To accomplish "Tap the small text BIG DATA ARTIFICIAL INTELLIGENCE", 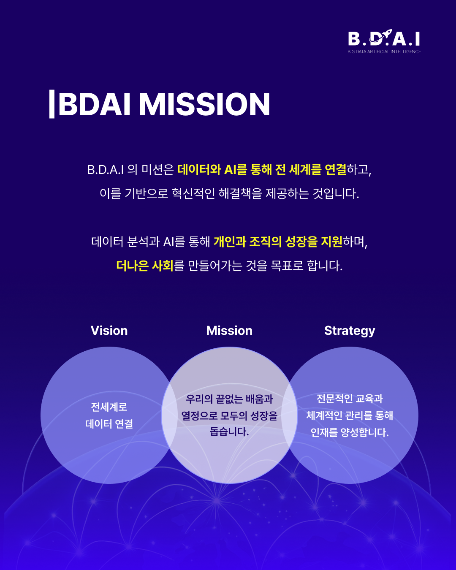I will click(384, 52).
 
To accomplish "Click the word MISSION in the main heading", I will click(205, 104).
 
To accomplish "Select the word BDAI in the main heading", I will click(94, 104).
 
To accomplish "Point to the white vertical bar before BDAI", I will click(52, 104).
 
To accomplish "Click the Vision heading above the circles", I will click(109, 331).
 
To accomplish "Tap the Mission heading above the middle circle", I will click(229, 331).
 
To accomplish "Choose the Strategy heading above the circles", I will click(350, 331).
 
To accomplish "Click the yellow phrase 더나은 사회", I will click(144, 266).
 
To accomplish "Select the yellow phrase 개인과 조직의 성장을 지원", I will click(278, 242).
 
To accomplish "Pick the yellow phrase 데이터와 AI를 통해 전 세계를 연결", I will click(262, 170).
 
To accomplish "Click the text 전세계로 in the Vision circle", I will click(109, 407).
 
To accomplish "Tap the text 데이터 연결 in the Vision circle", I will click(109, 424).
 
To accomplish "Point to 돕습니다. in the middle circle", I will click(229, 432).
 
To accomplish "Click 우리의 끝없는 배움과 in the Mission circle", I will click(229, 399).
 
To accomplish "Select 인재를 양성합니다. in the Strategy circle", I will click(350, 432).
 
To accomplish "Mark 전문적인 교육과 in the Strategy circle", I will click(350, 399).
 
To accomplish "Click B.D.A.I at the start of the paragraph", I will click(106, 170).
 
